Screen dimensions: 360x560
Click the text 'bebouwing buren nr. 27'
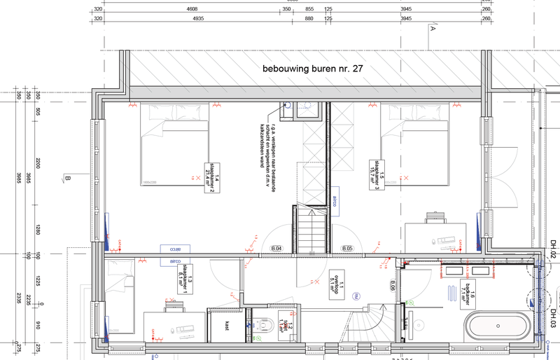(x=313, y=69)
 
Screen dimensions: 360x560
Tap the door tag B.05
(x=346, y=249)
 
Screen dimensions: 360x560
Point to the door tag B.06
(x=393, y=284)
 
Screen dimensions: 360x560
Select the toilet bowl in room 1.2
(x=265, y=324)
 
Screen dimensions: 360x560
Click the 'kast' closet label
(x=227, y=325)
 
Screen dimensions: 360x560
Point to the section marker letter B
(x=67, y=180)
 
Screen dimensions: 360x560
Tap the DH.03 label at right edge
(x=552, y=317)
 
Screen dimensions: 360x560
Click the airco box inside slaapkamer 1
(x=170, y=261)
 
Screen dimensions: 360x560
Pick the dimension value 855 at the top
(x=309, y=10)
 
